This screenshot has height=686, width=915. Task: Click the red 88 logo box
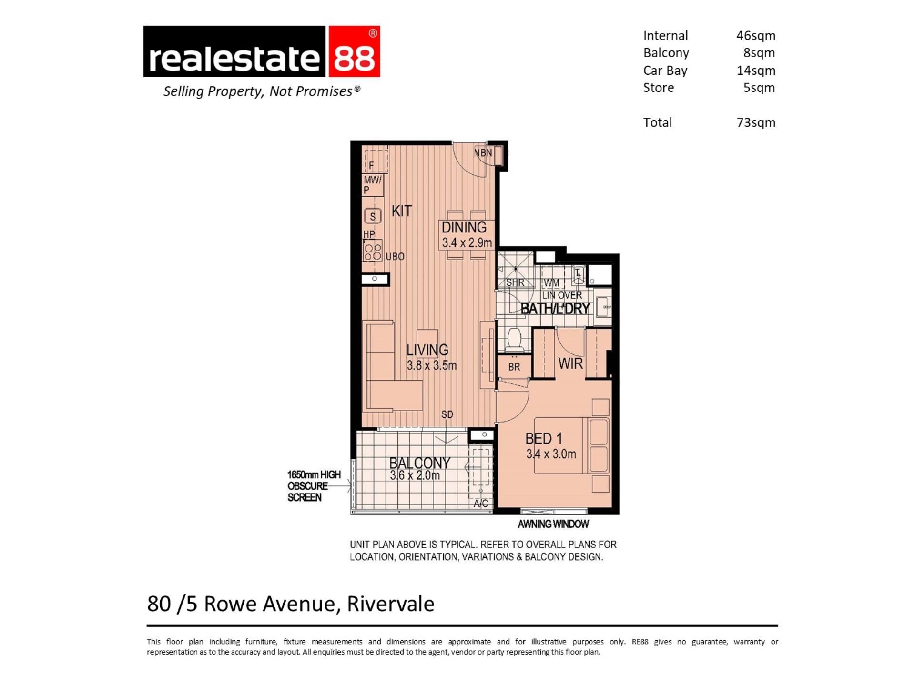pos(353,51)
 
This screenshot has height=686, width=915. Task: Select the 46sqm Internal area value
pos(756,36)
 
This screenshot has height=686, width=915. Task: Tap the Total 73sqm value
pos(756,122)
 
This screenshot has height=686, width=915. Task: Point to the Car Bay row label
pos(665,71)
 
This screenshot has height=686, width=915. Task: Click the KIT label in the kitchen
pos(401,211)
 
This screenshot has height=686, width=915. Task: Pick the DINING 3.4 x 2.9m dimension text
pos(467,242)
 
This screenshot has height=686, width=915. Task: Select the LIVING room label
pos(427,350)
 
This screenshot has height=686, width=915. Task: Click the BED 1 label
pos(544,438)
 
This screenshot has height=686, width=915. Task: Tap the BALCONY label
pos(419,463)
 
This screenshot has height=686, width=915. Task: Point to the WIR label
pos(570,363)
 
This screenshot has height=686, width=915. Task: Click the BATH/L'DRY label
pos(555,309)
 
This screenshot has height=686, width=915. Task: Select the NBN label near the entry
pos(483,153)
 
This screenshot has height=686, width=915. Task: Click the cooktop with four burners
pos(373,251)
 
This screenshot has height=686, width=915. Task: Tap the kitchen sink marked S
pos(373,216)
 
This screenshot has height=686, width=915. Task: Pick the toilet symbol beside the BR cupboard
pos(514,339)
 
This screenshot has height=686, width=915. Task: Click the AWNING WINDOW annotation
pos(553,524)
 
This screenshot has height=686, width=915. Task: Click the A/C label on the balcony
pos(481,504)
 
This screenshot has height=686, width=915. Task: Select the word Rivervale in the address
pos(390,604)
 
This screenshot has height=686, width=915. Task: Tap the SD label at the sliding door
pos(447,414)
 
